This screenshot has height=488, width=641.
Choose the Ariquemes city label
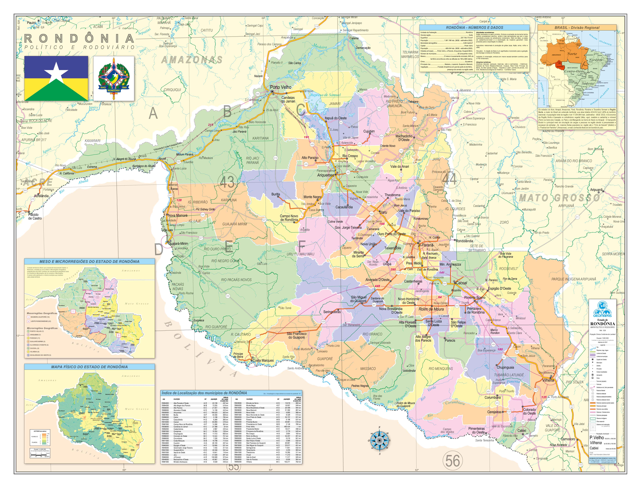[326, 175]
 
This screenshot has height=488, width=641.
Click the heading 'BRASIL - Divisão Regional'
[577, 28]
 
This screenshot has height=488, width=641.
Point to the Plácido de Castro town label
[35, 216]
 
